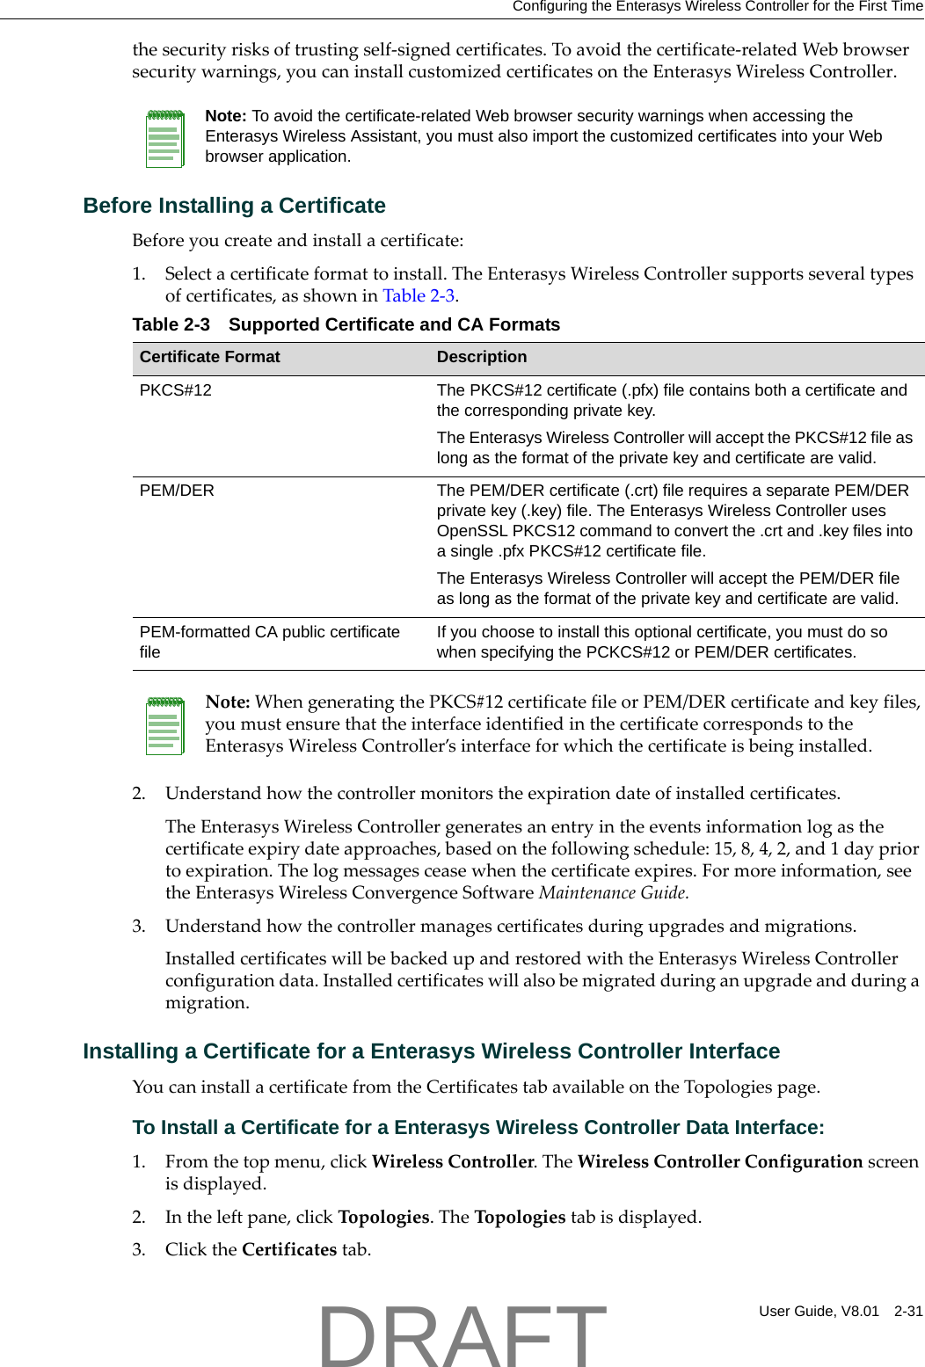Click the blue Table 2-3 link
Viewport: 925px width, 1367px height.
point(419,296)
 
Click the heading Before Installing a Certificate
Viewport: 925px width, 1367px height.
point(234,206)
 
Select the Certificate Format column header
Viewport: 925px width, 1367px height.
point(209,357)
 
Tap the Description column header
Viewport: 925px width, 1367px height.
point(482,357)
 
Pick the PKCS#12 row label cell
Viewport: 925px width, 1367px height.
point(176,390)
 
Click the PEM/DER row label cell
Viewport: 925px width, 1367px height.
point(177,491)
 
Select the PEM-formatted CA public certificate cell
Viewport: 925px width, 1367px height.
point(269,642)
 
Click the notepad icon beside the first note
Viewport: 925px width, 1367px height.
point(164,138)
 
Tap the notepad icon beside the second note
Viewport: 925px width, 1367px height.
point(164,725)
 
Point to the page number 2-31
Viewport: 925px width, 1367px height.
point(908,1311)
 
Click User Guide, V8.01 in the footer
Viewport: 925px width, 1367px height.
point(819,1311)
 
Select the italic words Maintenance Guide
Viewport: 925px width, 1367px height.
point(613,893)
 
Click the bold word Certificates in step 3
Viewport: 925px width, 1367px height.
point(289,1250)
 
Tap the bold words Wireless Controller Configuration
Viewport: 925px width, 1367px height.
point(720,1162)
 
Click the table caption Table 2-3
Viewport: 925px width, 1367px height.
point(171,325)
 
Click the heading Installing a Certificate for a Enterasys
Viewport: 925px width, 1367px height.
point(431,1051)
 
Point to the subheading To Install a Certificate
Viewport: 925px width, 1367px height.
point(478,1128)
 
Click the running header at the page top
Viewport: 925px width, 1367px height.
point(717,7)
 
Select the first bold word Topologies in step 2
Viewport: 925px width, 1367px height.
point(383,1218)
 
